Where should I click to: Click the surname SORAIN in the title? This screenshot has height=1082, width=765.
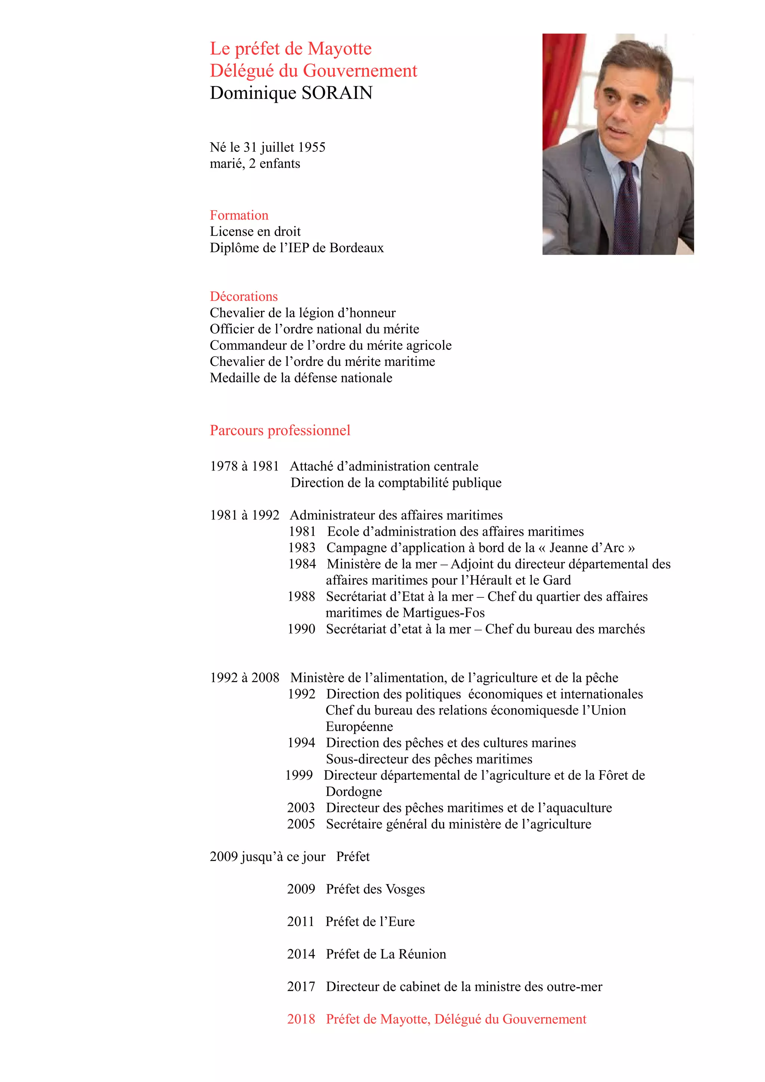337,93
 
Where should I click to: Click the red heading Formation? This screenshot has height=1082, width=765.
239,215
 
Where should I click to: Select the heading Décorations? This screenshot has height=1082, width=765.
244,296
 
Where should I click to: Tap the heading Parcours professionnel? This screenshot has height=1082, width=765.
280,430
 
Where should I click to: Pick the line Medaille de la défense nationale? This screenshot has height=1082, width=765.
301,378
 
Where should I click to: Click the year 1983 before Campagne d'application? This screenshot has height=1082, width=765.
302,548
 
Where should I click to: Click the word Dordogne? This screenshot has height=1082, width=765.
353,792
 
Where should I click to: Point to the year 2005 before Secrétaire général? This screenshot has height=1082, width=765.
301,824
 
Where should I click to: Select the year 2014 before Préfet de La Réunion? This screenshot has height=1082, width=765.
301,954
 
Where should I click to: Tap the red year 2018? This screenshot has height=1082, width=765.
301,1019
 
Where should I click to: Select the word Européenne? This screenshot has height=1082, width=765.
359,727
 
